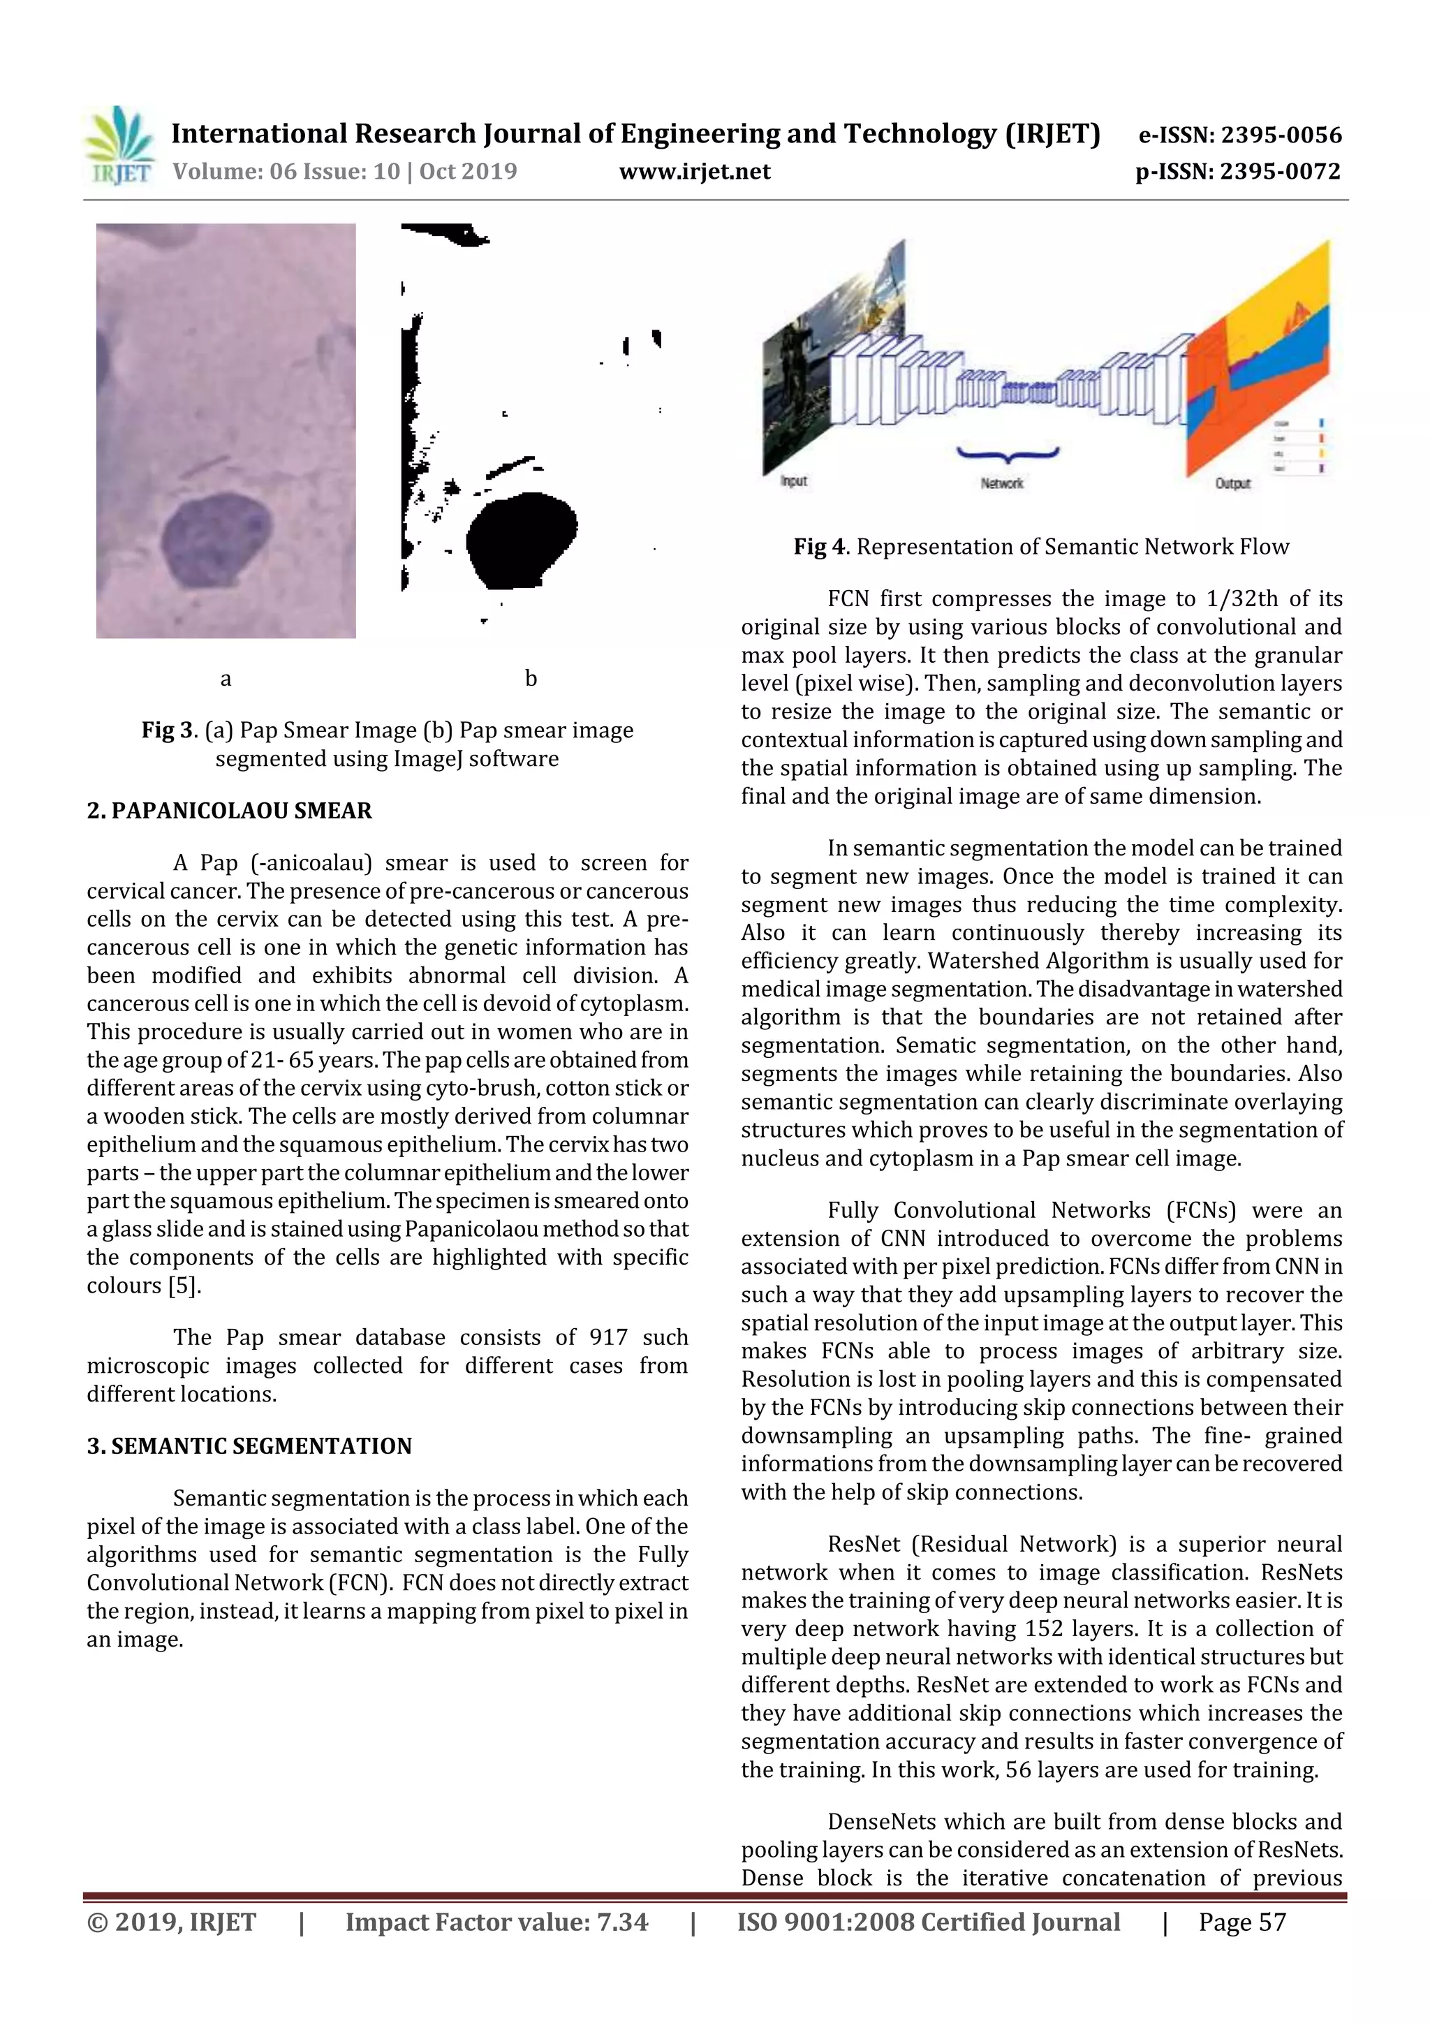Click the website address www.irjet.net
tap(694, 172)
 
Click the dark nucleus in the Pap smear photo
tap(215, 539)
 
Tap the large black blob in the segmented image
tap(519, 539)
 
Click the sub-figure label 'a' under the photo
tap(226, 679)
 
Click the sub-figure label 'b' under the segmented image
tap(531, 679)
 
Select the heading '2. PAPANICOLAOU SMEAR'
tap(229, 811)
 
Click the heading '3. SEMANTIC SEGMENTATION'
tap(249, 1446)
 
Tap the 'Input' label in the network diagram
tap(794, 481)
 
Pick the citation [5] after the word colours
tap(185, 1286)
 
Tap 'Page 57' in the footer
tap(1241, 1922)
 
